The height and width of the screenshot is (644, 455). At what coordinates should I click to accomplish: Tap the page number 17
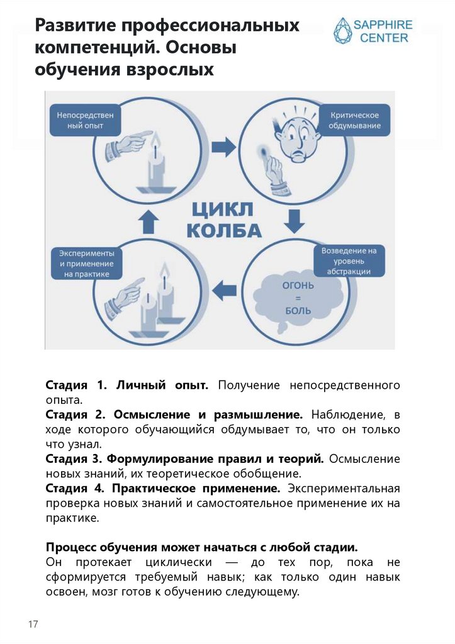(33, 624)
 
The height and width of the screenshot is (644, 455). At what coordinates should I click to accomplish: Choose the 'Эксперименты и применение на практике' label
(86, 264)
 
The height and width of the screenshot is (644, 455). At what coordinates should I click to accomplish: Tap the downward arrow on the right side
(293, 221)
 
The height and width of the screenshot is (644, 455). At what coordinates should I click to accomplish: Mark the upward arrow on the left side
(149, 221)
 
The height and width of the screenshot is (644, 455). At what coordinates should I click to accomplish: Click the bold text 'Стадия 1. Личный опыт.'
(126, 385)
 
